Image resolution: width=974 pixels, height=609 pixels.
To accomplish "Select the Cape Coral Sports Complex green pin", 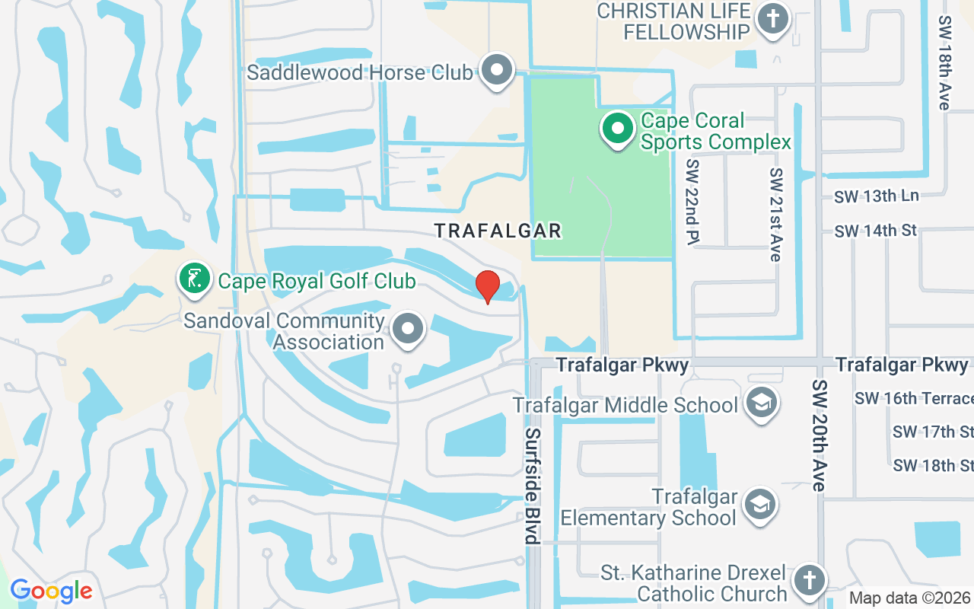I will click(617, 129).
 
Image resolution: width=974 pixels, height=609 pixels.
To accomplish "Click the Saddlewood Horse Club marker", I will click(498, 70).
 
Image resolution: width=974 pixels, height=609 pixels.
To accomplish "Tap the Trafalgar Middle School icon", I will click(760, 403).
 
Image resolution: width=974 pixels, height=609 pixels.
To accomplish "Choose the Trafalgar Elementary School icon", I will click(759, 505).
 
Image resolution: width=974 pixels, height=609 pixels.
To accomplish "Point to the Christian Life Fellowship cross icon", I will click(773, 18).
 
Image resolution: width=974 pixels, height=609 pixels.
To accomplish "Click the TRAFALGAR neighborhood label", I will click(498, 231).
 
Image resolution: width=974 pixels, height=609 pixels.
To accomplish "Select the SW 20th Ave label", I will click(819, 435).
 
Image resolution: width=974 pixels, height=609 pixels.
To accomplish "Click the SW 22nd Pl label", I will click(692, 202).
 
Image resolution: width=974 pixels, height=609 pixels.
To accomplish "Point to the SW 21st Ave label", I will click(775, 215).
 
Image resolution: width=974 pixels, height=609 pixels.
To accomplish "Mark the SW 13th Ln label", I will click(876, 196).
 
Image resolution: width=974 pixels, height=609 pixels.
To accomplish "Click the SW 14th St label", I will click(875, 231).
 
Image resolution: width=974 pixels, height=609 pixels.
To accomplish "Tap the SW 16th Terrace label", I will click(914, 398).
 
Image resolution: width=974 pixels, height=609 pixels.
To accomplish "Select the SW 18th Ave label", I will click(945, 62).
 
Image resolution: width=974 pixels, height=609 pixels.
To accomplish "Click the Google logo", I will click(51, 591).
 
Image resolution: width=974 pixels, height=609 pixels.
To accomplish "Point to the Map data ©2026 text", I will click(910, 598).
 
